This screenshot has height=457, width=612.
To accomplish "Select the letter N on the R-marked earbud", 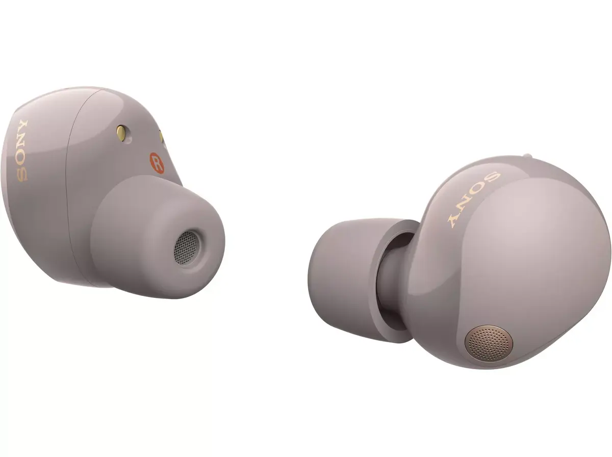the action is [23, 143].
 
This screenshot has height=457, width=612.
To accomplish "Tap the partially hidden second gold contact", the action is [161, 136].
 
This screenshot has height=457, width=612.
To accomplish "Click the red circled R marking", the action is [157, 163].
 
